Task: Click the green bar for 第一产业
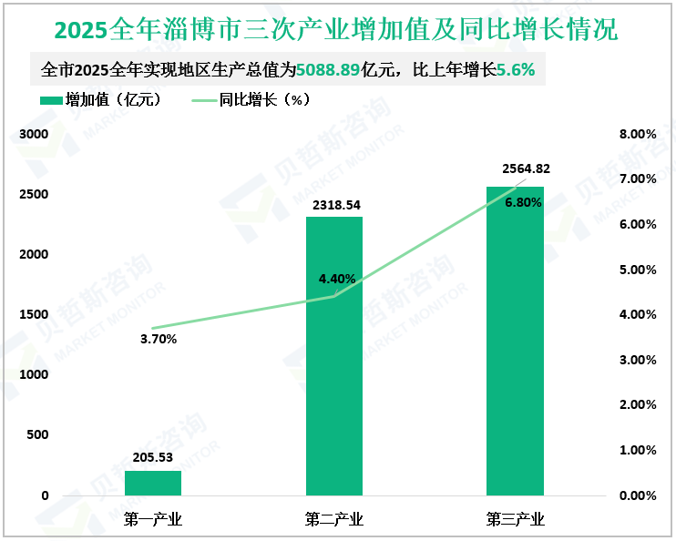click(x=153, y=483)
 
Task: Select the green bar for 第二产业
click(x=334, y=355)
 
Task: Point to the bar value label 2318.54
click(x=334, y=205)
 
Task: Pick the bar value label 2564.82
click(x=526, y=168)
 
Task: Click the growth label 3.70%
click(x=159, y=339)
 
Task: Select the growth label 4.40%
click(x=337, y=279)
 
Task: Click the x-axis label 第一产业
click(x=153, y=520)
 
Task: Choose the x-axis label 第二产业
click(x=334, y=520)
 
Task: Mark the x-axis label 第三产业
click(x=515, y=520)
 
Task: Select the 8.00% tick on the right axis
click(x=637, y=134)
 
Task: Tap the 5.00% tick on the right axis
click(x=637, y=270)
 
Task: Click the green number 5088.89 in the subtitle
click(x=329, y=69)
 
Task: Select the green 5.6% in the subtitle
click(x=515, y=69)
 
